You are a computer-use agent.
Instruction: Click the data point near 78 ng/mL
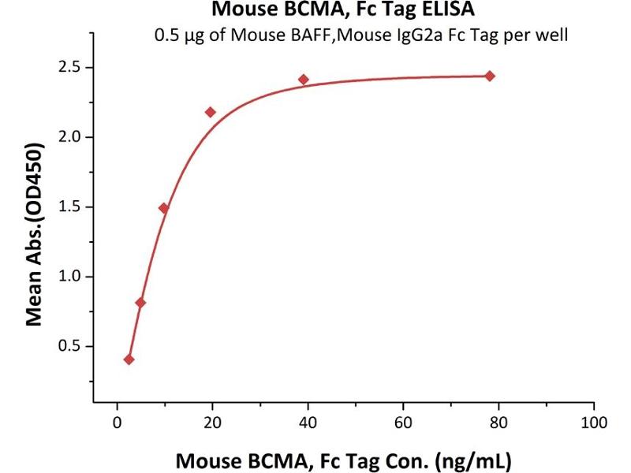click(490, 76)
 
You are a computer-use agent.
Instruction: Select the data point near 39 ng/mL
click(304, 80)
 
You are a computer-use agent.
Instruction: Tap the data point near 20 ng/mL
click(211, 112)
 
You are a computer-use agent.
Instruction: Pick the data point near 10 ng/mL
click(164, 208)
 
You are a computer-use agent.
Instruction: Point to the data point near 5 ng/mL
click(140, 303)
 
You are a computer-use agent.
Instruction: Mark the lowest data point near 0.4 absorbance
click(129, 359)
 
